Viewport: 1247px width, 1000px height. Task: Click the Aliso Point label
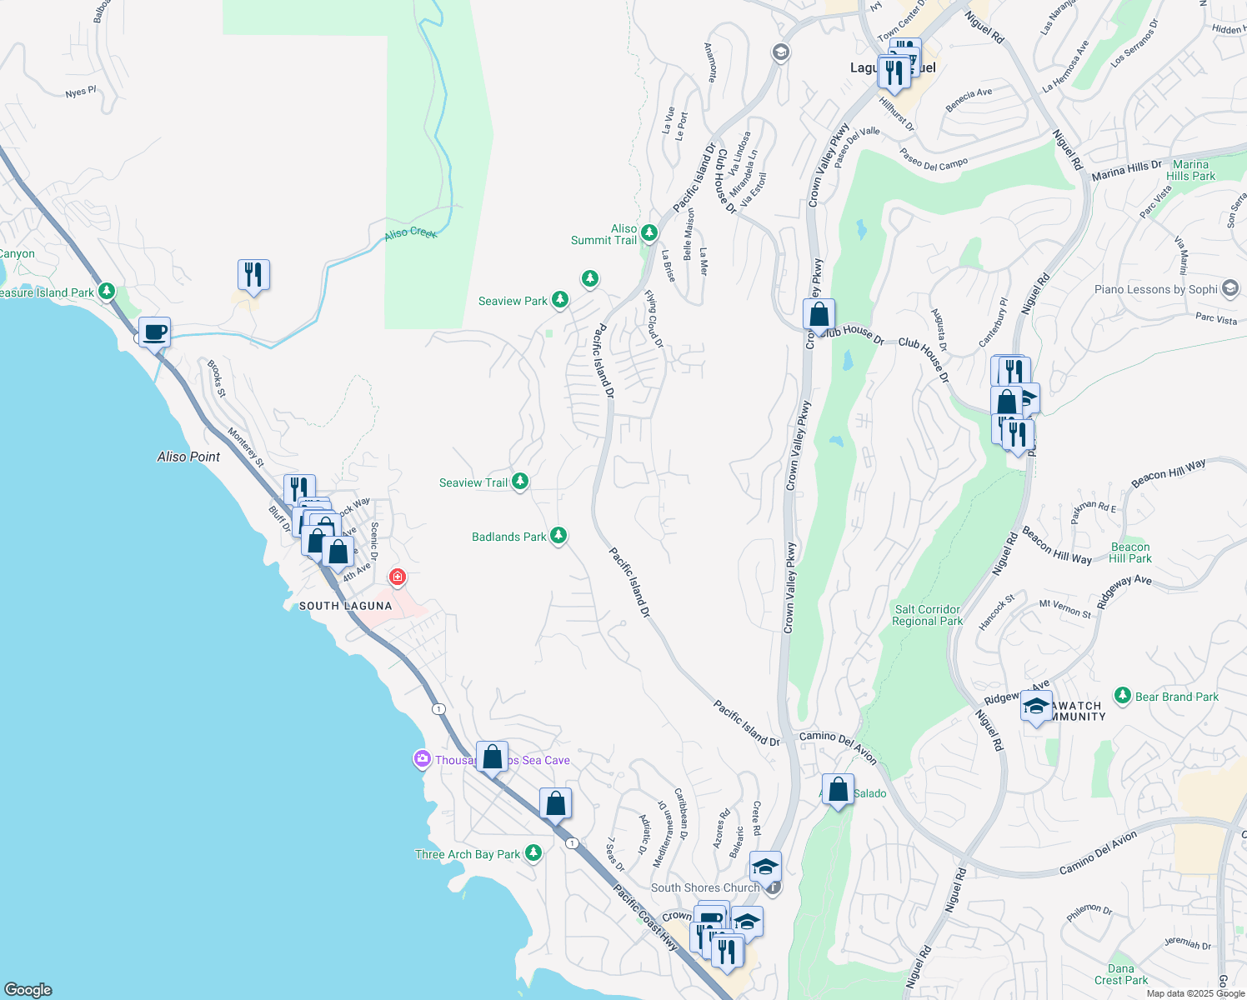189,457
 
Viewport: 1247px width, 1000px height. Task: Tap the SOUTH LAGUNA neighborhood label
346,606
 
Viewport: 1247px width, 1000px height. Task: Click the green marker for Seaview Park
560,299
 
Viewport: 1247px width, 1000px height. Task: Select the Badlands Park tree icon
558,536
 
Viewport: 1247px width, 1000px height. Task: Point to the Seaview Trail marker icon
520,482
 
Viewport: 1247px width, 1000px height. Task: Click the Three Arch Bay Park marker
533,853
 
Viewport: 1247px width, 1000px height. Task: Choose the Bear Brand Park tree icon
1123,696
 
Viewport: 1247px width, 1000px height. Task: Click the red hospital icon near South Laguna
398,577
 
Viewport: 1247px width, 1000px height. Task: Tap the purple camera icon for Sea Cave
423,759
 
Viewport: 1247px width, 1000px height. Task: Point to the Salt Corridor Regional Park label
927,615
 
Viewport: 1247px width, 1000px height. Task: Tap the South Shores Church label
705,887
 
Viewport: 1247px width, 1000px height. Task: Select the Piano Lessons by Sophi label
1155,289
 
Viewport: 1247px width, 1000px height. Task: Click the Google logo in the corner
28,989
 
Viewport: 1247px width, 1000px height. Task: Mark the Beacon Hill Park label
1130,552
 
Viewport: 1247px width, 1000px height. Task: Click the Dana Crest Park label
1120,974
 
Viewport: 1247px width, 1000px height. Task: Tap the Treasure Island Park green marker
106,292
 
